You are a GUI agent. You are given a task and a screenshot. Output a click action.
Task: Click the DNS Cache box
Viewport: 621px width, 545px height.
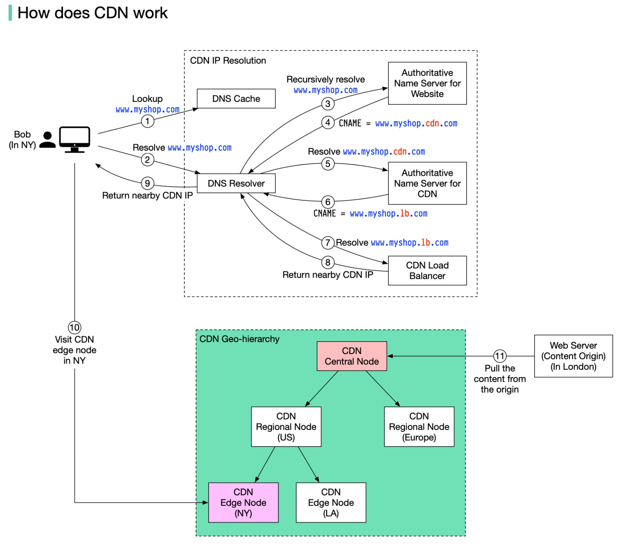point(236,98)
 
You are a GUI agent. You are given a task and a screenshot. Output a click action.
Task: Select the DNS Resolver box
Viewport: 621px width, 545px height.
point(236,183)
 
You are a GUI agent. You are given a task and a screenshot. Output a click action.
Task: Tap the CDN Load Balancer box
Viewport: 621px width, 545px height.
point(427,270)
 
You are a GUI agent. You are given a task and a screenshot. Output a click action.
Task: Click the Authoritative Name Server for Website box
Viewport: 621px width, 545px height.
point(427,83)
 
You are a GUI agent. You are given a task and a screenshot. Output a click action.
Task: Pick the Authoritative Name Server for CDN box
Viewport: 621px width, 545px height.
point(427,183)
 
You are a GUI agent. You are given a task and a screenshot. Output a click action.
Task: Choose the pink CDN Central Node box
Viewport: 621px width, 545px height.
point(352,356)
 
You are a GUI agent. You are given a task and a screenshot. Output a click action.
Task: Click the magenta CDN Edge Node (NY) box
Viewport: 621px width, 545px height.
point(243,502)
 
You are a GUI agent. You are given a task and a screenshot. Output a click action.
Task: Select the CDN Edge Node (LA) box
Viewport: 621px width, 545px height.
point(331,502)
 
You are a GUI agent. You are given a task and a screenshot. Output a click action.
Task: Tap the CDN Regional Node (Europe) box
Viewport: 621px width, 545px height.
point(419,427)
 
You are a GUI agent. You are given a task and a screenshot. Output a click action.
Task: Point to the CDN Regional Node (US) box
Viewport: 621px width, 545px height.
point(286,427)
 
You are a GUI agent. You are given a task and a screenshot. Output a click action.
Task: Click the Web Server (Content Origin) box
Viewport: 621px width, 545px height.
point(573,356)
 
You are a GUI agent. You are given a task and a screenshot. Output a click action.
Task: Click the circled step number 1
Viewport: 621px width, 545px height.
point(148,121)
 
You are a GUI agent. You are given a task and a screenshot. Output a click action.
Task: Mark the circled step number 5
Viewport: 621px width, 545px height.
point(328,164)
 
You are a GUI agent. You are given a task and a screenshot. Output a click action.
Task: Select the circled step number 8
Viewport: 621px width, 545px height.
point(328,262)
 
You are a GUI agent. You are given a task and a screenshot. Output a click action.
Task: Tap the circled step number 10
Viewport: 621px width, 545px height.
point(75,327)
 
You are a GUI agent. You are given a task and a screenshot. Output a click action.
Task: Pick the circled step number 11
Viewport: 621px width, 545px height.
point(500,356)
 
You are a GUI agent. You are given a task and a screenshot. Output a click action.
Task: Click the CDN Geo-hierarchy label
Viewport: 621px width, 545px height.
point(239,339)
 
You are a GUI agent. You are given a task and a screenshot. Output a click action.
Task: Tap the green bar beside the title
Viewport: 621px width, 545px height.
point(10,13)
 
